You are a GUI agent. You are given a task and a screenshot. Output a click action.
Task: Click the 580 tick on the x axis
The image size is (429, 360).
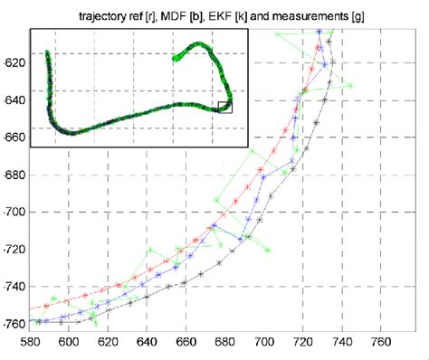[x=30, y=343]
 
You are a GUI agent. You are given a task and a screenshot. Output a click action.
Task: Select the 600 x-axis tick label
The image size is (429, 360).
[x=69, y=343]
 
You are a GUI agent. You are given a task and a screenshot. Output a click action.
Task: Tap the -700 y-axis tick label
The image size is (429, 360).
[x=15, y=212]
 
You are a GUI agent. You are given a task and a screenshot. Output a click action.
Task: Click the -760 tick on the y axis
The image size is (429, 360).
[x=15, y=322]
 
